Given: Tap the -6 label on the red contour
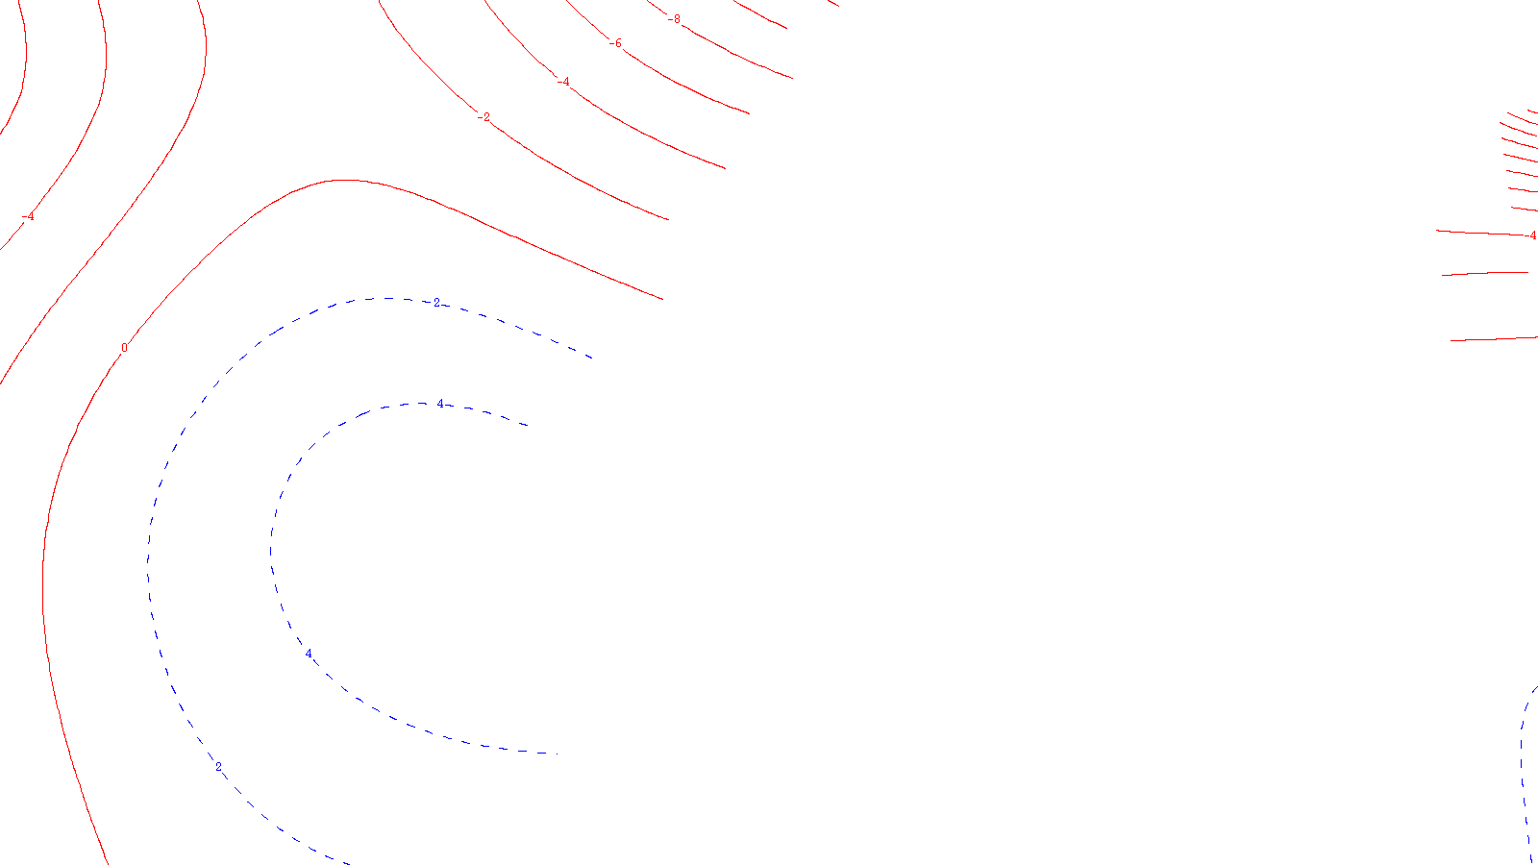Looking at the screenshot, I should pos(616,44).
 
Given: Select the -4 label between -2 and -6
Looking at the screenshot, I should pos(564,82).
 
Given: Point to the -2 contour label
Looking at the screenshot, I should pos(484,117).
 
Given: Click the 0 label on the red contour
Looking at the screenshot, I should pos(124,348).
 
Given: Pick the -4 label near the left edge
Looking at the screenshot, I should pos(29,217).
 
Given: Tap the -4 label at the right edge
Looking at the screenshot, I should pos(1532,235).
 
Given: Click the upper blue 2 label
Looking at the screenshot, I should pos(436,303).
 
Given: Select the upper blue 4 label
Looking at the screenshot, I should pos(440,405).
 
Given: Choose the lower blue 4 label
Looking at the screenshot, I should pos(309,654).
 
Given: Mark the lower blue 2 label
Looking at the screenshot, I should pos(218,767).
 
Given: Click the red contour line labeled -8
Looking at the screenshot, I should pos(731,48).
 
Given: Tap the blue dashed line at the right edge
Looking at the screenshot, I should pos(1523,769).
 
